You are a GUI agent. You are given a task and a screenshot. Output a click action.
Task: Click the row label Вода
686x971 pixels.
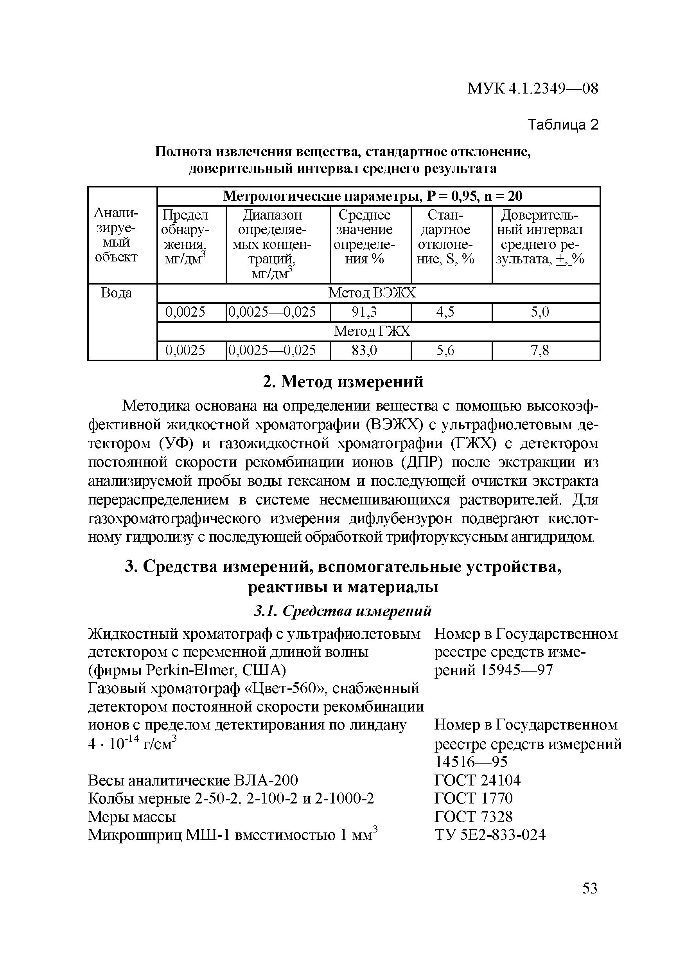116,293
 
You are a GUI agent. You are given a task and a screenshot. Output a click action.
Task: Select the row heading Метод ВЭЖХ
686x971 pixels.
372,293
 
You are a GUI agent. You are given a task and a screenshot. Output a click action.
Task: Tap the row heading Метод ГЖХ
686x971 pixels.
372,331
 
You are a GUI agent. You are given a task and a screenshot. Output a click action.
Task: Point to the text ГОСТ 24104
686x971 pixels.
477,780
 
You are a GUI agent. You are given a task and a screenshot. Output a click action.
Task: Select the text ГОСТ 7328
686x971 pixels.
473,816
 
